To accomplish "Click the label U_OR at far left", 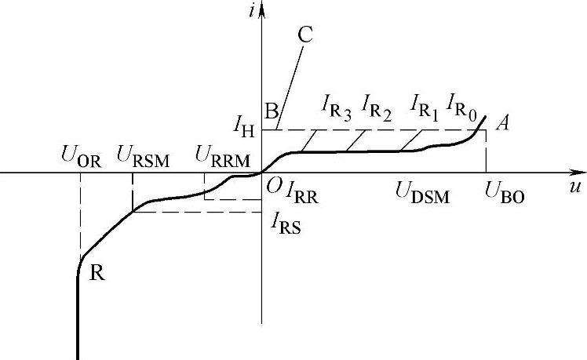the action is coord(80,155).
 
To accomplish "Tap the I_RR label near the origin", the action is coord(303,191).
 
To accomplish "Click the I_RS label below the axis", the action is coord(286,224).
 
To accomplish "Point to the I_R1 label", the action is coord(425,103).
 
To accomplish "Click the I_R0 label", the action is coord(461,103).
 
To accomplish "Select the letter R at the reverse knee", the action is coord(97,275).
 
